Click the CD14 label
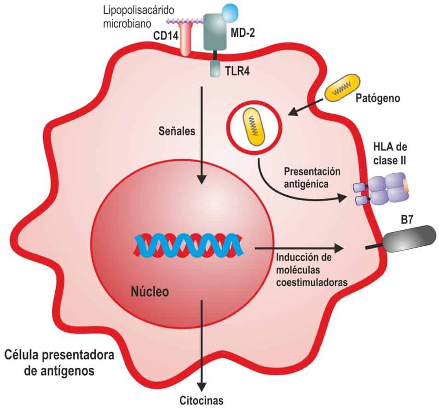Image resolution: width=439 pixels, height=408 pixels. point(166,36)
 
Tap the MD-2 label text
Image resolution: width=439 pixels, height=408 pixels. point(243,33)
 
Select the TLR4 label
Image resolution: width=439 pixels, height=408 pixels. point(237,71)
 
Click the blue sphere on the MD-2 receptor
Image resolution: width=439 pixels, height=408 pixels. point(231,12)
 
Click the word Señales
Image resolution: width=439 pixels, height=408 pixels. point(177,131)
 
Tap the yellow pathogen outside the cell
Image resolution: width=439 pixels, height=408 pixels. point(342,87)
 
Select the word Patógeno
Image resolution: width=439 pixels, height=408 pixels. point(378,98)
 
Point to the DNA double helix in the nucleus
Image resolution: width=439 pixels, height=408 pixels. point(188,245)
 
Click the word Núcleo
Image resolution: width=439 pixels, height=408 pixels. point(150,291)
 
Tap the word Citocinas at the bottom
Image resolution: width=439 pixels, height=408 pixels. point(201,400)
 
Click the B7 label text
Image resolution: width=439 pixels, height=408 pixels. point(407,220)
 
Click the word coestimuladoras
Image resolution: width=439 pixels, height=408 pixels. point(312,282)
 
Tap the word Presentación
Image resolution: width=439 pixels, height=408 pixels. point(312,171)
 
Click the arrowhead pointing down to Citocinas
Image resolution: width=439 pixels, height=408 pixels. point(201,387)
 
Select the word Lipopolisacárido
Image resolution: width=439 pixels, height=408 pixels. point(139,11)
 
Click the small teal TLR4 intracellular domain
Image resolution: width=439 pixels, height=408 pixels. point(215,69)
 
